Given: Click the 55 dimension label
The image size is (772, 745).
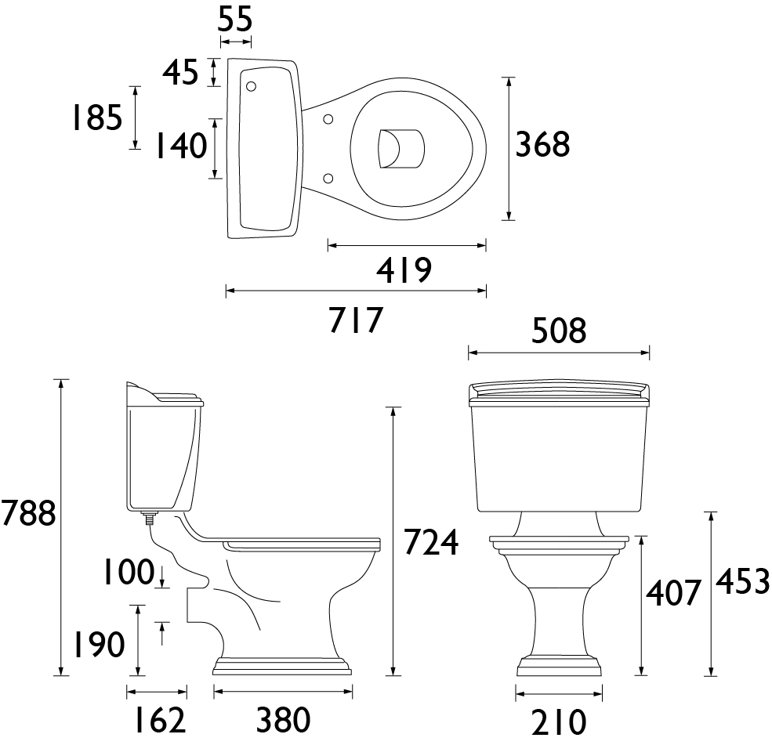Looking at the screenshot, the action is pos(235,20).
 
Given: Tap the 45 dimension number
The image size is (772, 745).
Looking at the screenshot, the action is pos(180,72).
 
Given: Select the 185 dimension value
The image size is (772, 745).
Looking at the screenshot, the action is pos(97,118).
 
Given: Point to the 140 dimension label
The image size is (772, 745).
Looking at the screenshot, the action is pos(181,146).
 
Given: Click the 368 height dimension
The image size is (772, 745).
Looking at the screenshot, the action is pos(542,145).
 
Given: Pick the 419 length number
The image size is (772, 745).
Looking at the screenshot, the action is pos(404,270).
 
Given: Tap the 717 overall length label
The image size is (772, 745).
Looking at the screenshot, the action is pos(356,320).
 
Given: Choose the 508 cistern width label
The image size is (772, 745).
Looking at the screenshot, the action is pos(559,330).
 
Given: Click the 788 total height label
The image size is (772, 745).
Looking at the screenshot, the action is pos(28,513).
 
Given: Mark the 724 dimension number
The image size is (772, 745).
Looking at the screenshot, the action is pos(431,542).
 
